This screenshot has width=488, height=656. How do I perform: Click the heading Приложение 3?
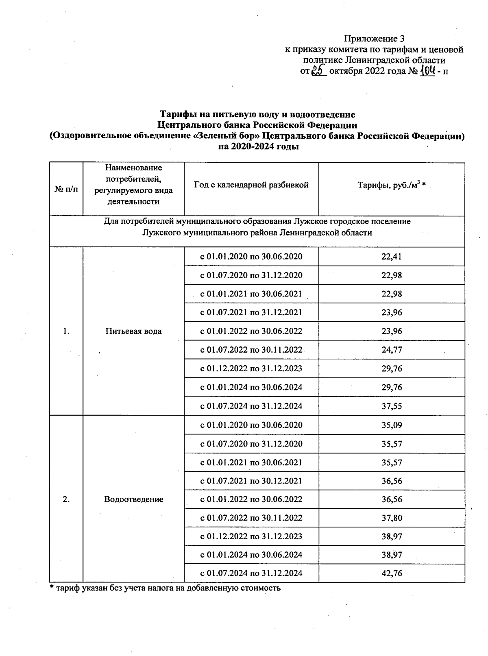coord(374,39)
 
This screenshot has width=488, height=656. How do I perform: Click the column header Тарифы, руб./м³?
coord(391,185)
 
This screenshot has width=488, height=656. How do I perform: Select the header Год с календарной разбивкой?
coord(251,185)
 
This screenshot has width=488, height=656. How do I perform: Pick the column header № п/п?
coord(66,190)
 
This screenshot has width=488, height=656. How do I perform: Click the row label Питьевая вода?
coord(133,331)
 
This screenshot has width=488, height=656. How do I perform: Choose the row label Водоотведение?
coord(133,499)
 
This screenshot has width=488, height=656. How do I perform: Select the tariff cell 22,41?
coord(392,257)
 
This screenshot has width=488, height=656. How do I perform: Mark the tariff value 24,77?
coord(392,350)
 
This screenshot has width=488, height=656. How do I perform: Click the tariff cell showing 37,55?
coord(392,406)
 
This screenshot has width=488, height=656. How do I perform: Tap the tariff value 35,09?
coord(392,425)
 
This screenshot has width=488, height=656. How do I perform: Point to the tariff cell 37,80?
coord(392,518)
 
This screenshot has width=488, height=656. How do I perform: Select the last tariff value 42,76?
coord(392,573)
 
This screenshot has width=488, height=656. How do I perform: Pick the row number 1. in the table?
coord(66,331)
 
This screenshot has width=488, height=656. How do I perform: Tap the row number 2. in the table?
coord(66,499)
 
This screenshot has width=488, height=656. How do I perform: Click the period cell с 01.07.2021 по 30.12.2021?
coord(251,481)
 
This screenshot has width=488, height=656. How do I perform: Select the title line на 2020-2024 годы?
coord(258,147)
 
